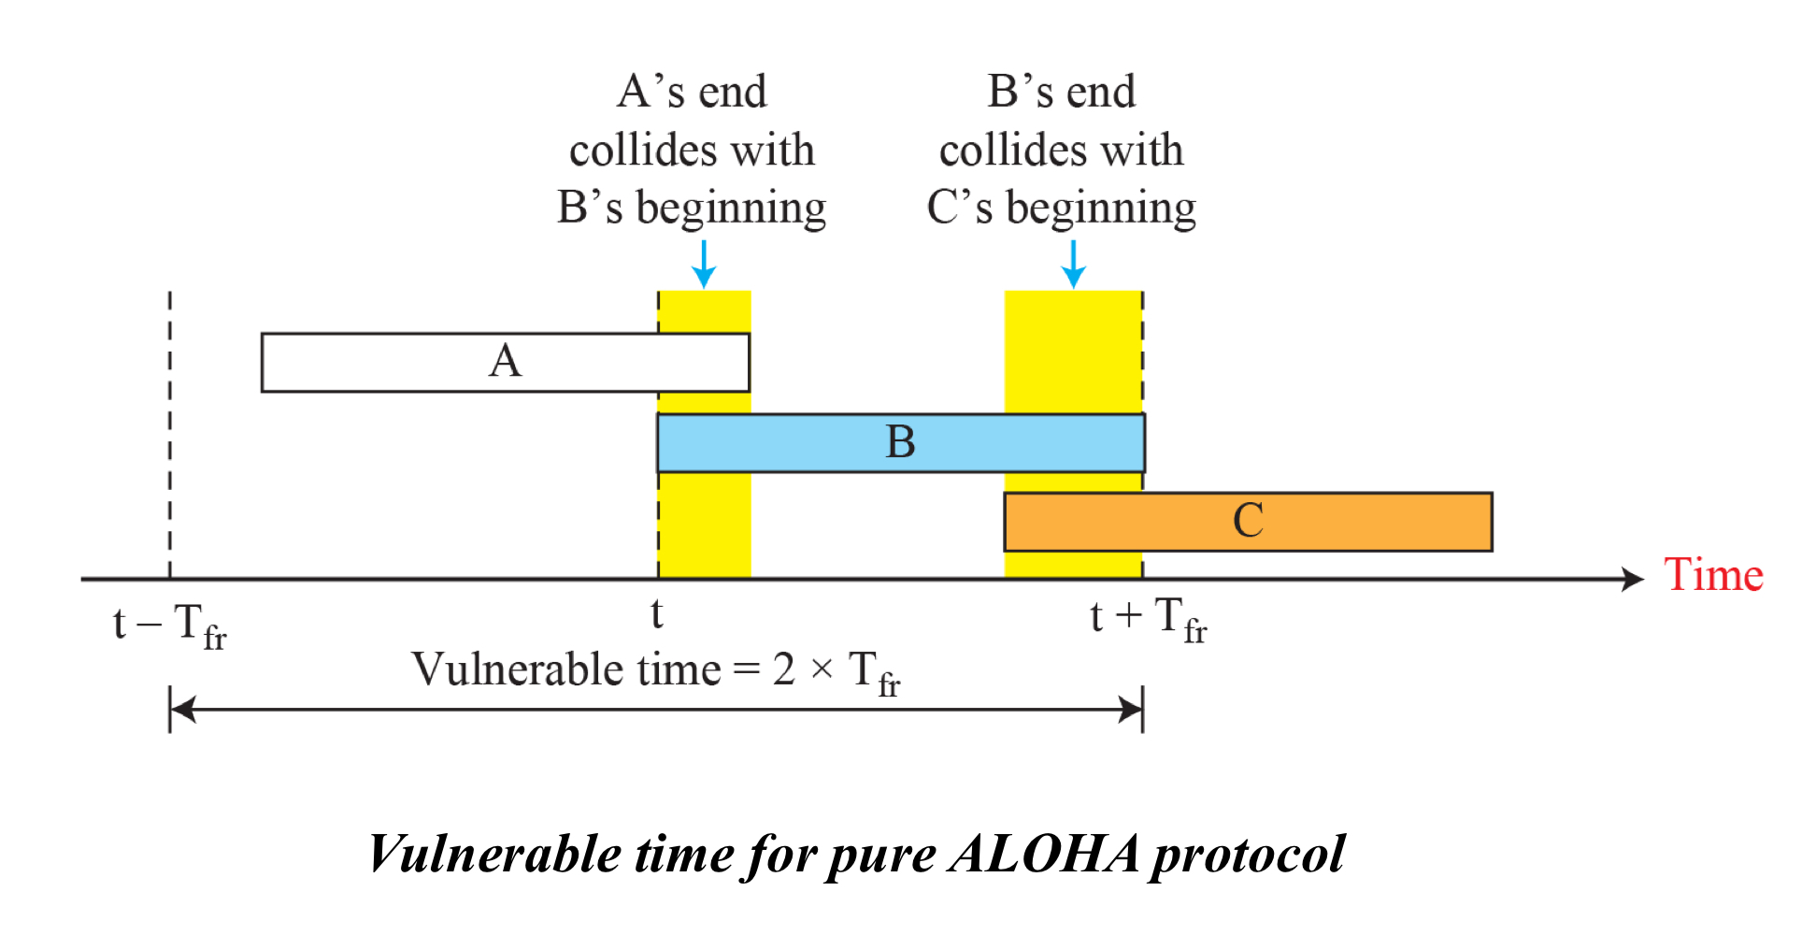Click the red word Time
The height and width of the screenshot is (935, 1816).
tap(1712, 575)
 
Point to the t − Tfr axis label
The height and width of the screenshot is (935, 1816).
tap(169, 625)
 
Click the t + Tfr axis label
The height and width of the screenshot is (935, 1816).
tap(1148, 619)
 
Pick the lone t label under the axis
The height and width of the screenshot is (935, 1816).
tap(657, 614)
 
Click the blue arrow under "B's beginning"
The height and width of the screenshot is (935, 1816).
tap(704, 265)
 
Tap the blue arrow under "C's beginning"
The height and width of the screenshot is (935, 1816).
tap(1073, 265)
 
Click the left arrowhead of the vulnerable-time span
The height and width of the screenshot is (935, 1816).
tap(183, 710)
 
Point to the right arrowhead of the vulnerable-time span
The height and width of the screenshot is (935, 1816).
tap(1130, 710)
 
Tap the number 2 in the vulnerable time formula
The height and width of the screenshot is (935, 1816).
tap(783, 669)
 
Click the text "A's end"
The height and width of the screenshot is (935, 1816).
tap(692, 92)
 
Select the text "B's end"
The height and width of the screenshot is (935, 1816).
tap(1061, 92)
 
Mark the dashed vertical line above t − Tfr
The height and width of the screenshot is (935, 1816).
tap(170, 430)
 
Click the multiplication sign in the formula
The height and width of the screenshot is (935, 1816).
tap(822, 670)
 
